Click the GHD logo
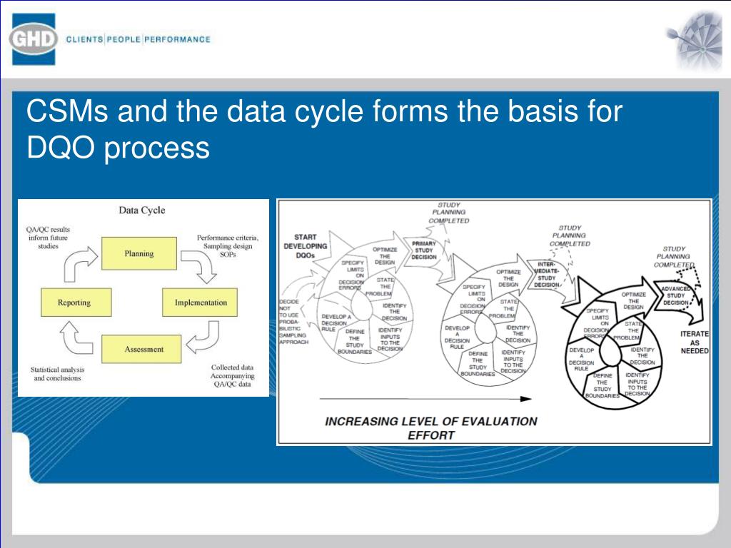pyautogui.click(x=34, y=39)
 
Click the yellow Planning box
pyautogui.click(x=138, y=253)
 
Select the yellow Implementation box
pyautogui.click(x=201, y=303)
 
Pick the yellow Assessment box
pyautogui.click(x=143, y=350)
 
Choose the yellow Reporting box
pyautogui.click(x=74, y=303)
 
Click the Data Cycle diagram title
pyautogui.click(x=141, y=210)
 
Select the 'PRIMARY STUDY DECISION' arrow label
pyautogui.click(x=423, y=250)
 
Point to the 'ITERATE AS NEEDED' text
pyautogui.click(x=695, y=342)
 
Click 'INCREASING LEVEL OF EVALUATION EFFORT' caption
pyautogui.click(x=431, y=427)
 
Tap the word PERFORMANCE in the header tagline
pyautogui.click(x=178, y=39)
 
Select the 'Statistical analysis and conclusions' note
pyautogui.click(x=57, y=374)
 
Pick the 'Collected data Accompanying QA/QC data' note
pyautogui.click(x=232, y=376)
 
